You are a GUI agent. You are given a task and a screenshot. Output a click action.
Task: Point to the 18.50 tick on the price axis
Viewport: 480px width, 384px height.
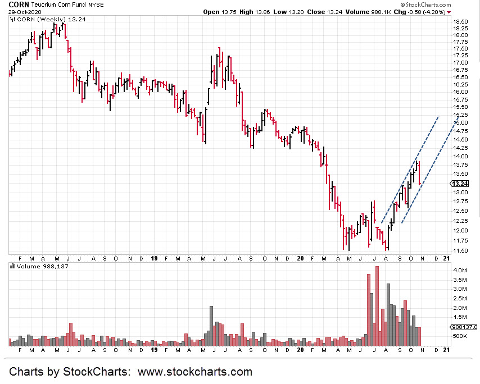click(460, 21)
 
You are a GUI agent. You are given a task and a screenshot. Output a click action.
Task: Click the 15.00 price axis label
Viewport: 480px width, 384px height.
click(460, 122)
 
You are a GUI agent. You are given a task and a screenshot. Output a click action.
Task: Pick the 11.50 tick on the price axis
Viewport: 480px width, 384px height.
click(460, 250)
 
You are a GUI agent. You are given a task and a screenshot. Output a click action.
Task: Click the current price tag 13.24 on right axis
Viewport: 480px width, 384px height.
click(460, 184)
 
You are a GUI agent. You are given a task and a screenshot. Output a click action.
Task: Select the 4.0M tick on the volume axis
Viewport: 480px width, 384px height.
click(459, 271)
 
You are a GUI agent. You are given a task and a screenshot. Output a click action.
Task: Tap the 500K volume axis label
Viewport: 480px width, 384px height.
click(460, 336)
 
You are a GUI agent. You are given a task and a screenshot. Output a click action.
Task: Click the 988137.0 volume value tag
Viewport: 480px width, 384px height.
click(464, 327)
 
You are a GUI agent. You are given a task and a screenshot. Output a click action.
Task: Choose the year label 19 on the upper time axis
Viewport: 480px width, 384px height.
click(154, 258)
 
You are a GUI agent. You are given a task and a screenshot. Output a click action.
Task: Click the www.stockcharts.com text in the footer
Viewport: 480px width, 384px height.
click(194, 372)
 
